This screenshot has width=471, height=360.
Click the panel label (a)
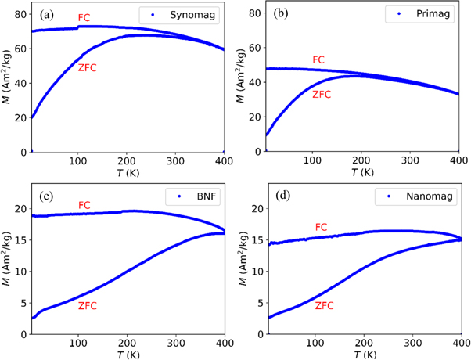pos(45,14)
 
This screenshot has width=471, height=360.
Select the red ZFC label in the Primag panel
pos(322,95)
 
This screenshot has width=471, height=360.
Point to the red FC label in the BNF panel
pos(85,205)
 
